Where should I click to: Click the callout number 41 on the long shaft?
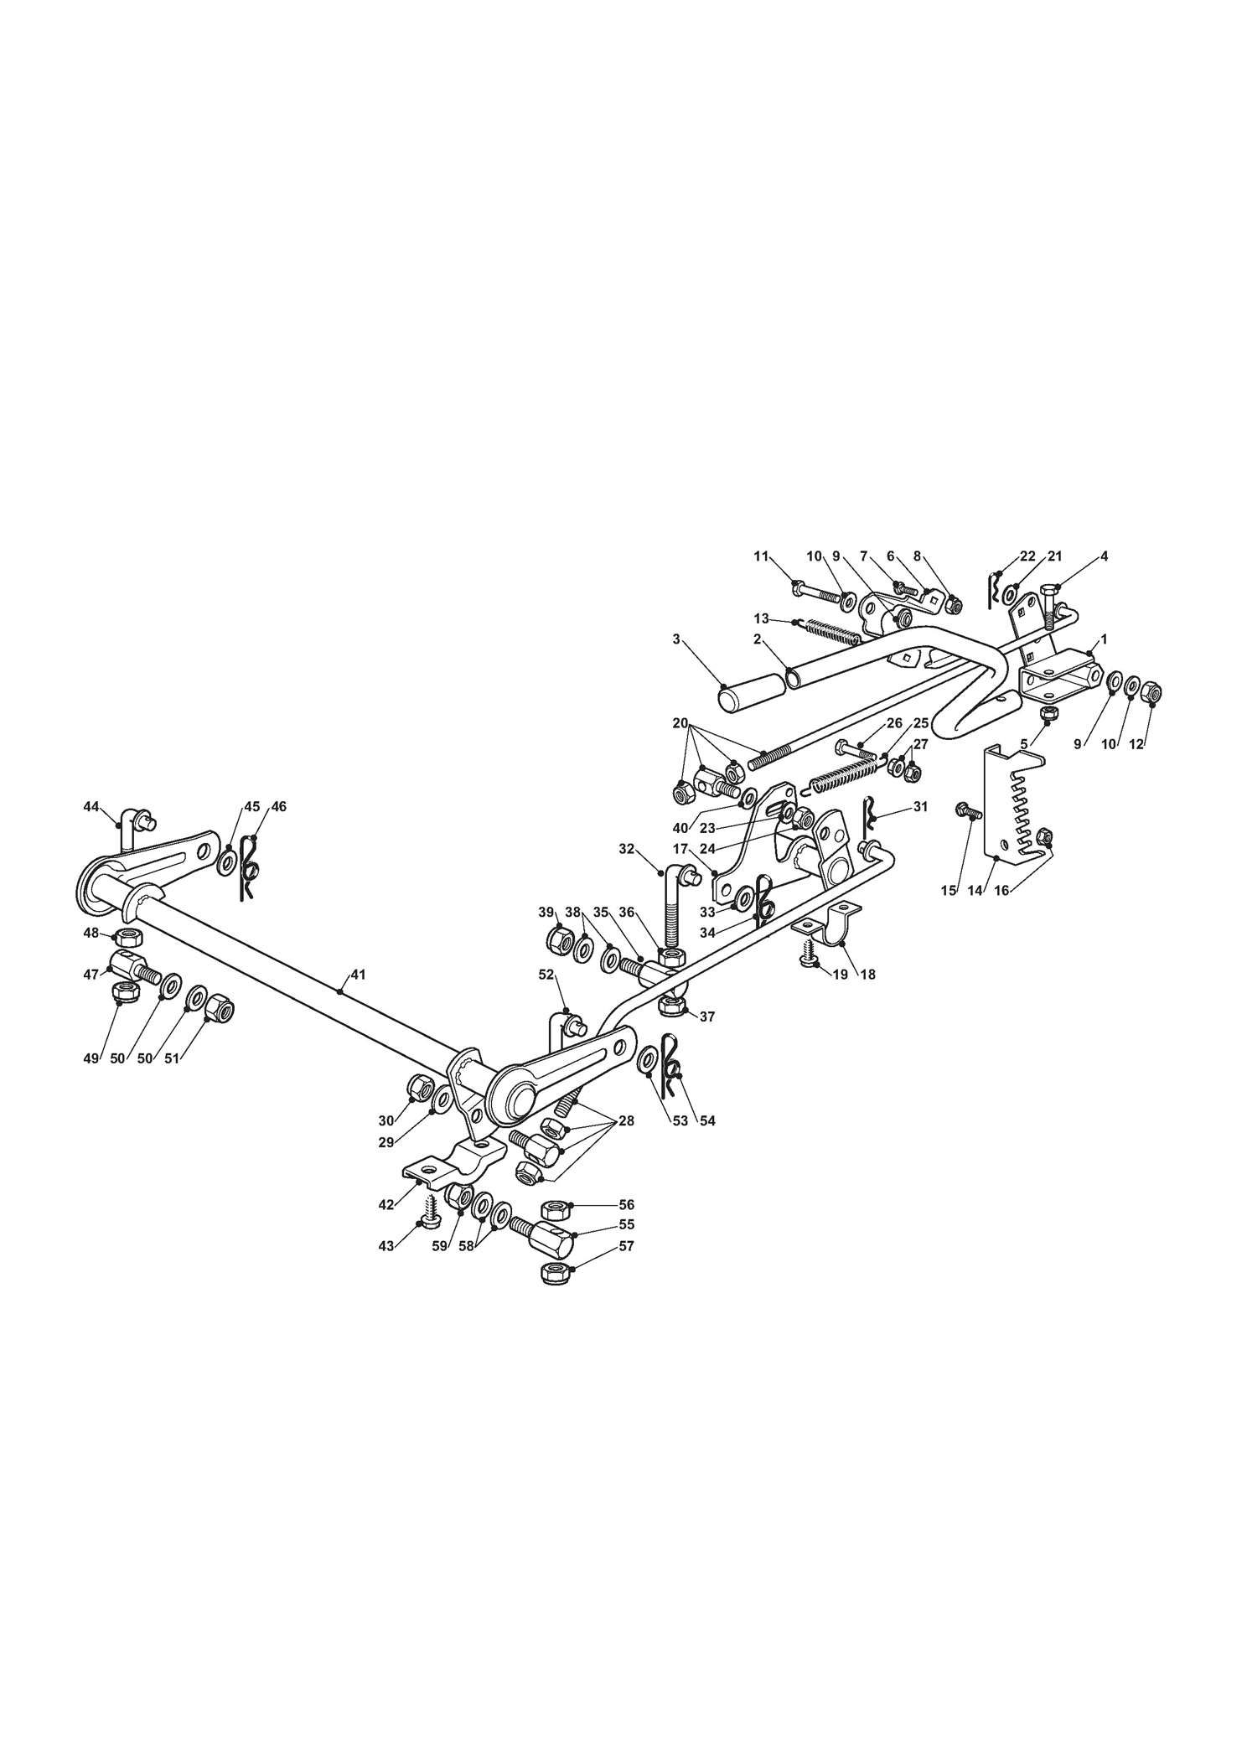click(x=358, y=975)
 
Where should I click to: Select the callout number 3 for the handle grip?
click(x=676, y=639)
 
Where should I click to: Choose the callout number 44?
click(x=91, y=806)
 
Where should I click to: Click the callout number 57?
click(x=626, y=1270)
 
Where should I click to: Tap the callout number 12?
click(x=1136, y=743)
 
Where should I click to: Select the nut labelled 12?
click(x=1152, y=692)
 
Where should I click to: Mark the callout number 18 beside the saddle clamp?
click(x=867, y=975)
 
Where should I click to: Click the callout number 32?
click(x=627, y=848)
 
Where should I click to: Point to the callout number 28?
click(x=627, y=1121)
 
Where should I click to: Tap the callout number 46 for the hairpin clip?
click(x=279, y=806)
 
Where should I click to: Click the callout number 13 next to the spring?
click(x=761, y=618)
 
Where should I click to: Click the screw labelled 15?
click(x=968, y=810)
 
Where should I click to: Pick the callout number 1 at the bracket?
click(x=1104, y=639)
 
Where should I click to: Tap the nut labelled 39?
click(x=559, y=940)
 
